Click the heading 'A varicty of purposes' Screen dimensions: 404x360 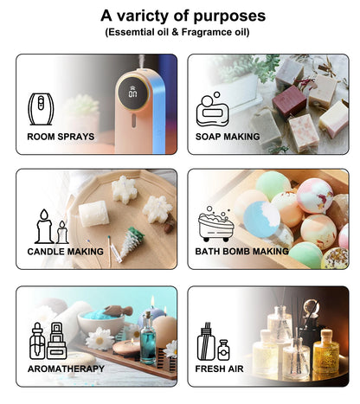coord(183,15)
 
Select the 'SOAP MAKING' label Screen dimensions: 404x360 coord(228,136)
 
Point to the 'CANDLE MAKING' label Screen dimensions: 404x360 coord(66,251)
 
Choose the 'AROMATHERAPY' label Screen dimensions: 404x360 coord(66,368)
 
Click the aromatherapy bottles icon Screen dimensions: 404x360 coord(47,341)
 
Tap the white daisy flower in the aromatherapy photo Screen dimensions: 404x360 coord(100,338)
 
